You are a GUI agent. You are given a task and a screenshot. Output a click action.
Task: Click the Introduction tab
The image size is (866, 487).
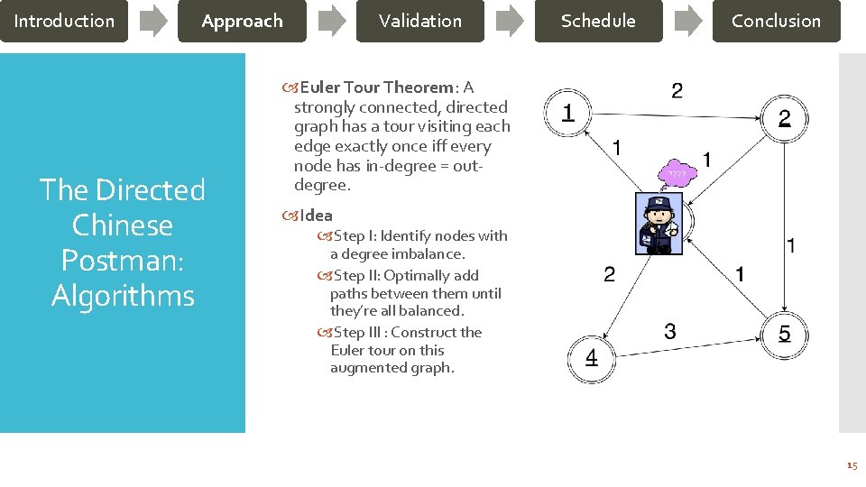(x=64, y=21)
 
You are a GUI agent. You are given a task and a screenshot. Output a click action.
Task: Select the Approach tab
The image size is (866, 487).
(x=242, y=21)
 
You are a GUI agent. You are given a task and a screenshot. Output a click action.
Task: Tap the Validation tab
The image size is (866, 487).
(x=419, y=21)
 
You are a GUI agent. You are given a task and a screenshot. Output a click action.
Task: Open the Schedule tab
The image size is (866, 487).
(x=598, y=21)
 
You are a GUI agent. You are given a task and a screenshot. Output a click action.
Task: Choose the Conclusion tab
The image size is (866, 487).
(x=776, y=21)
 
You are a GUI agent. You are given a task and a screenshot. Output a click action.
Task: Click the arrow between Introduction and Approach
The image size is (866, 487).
(x=153, y=21)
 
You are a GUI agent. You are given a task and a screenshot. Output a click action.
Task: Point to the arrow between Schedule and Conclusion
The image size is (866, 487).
(x=687, y=21)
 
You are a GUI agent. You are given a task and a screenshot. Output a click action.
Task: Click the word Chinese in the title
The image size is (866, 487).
(x=122, y=225)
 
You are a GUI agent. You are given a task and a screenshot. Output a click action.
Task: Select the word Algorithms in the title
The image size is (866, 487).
(x=123, y=296)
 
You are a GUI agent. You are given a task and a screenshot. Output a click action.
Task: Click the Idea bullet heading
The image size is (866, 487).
(x=316, y=216)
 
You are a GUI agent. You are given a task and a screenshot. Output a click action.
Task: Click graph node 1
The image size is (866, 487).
(x=568, y=113)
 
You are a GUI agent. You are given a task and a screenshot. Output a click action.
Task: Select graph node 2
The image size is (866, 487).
(x=784, y=118)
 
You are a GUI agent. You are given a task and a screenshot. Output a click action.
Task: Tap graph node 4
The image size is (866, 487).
(x=591, y=358)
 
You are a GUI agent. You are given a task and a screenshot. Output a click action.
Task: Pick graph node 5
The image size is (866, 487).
(x=784, y=335)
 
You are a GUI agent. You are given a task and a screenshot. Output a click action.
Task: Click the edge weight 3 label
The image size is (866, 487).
(x=669, y=332)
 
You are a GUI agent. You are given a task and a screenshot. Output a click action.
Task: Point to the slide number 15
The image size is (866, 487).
(x=852, y=465)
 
